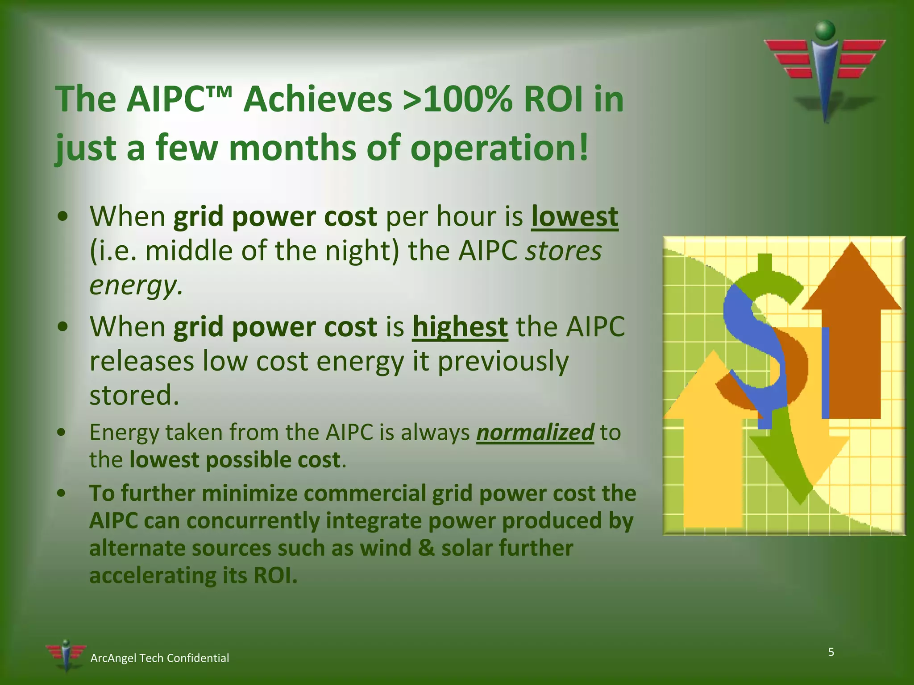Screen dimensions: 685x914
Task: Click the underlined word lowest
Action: (x=574, y=217)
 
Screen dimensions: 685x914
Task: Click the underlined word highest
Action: (x=460, y=327)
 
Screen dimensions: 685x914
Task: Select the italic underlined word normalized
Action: (x=535, y=433)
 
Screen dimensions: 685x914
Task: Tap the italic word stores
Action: (x=563, y=251)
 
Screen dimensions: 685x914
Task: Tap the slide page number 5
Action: (x=831, y=652)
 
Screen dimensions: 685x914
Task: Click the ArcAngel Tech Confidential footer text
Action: (x=160, y=658)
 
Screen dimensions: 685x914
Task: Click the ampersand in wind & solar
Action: (x=427, y=548)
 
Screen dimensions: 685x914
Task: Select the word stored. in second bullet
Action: (x=134, y=396)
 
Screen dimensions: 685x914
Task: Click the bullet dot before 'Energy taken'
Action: (x=62, y=432)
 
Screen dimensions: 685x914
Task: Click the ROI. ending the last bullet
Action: (x=275, y=575)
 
